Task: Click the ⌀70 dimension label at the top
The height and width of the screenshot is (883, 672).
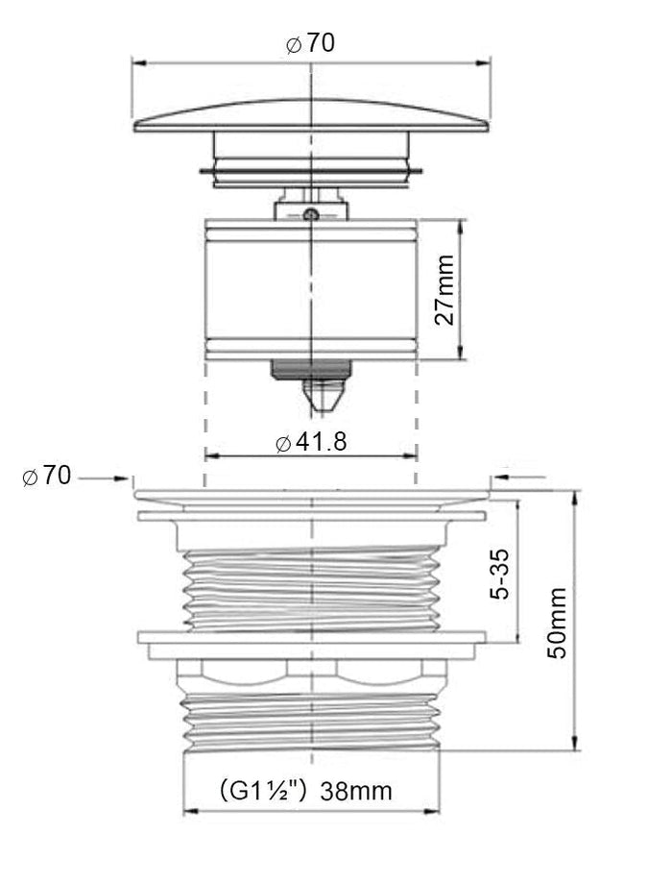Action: (310, 43)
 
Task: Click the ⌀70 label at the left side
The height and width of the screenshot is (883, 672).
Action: (47, 477)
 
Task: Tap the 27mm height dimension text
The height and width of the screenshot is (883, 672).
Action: (444, 289)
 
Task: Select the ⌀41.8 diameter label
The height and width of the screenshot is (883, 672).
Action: (311, 443)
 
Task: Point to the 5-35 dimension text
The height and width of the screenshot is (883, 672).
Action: (498, 574)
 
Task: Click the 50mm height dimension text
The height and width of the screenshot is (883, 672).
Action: (557, 623)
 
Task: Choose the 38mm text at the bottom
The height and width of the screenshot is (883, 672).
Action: (356, 791)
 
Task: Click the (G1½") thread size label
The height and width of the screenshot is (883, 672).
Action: (263, 791)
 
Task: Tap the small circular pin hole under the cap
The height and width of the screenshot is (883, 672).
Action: (310, 214)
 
